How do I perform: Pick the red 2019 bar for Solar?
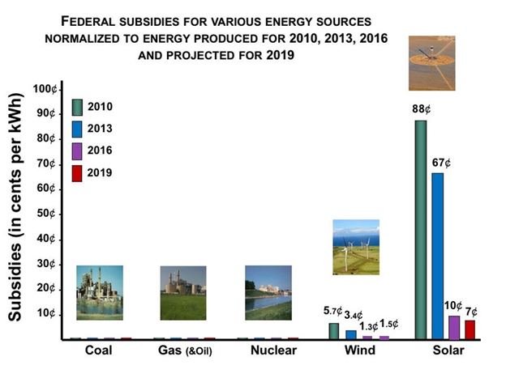point(470,329)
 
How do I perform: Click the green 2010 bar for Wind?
point(333,330)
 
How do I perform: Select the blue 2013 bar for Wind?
point(350,333)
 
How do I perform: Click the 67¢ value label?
point(441,163)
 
